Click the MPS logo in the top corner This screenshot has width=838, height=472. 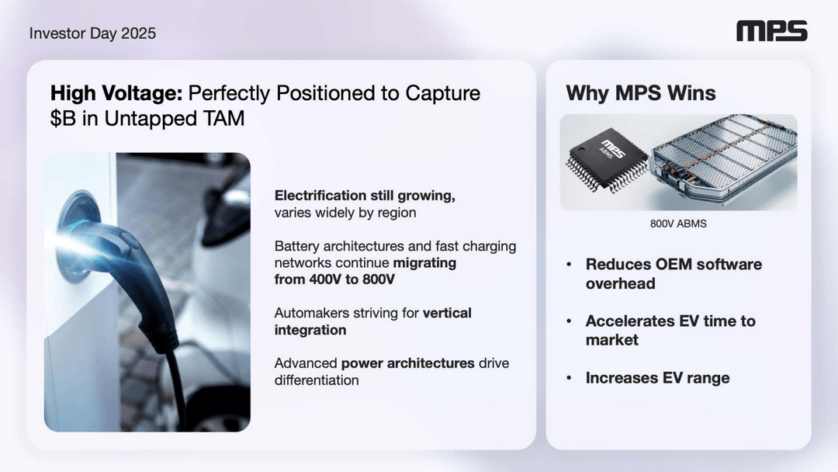point(771,31)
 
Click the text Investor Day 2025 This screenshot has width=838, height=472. point(92,33)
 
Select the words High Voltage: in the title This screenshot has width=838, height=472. point(116,94)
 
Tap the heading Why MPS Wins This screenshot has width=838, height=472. point(641,94)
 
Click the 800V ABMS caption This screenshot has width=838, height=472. point(679,224)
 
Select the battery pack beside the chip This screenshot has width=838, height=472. point(722,159)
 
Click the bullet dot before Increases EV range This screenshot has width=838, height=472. point(569,378)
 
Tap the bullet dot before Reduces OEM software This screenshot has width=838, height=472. point(569,265)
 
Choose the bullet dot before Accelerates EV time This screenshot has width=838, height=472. point(569,321)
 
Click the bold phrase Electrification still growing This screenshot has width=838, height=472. point(365,196)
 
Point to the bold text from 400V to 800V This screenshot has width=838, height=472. point(334,279)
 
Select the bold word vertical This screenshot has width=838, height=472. point(447,313)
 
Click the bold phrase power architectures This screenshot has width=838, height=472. point(408,363)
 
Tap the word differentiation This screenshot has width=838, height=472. point(317,380)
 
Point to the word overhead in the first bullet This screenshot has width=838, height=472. point(620,283)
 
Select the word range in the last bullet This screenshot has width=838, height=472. point(708,378)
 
